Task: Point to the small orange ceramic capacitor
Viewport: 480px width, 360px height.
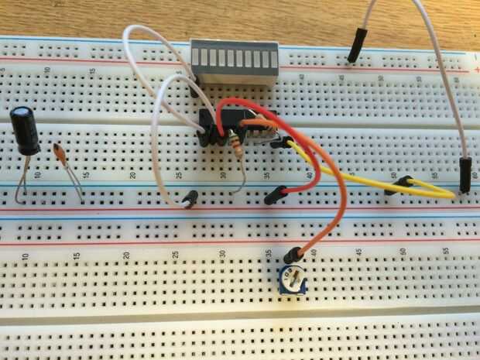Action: [60, 152]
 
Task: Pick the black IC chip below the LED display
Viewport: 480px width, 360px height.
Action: [232, 124]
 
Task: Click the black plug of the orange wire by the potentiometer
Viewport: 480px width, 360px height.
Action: [292, 255]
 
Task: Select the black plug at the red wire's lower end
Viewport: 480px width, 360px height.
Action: [272, 197]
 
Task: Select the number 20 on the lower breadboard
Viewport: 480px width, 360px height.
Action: [125, 254]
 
